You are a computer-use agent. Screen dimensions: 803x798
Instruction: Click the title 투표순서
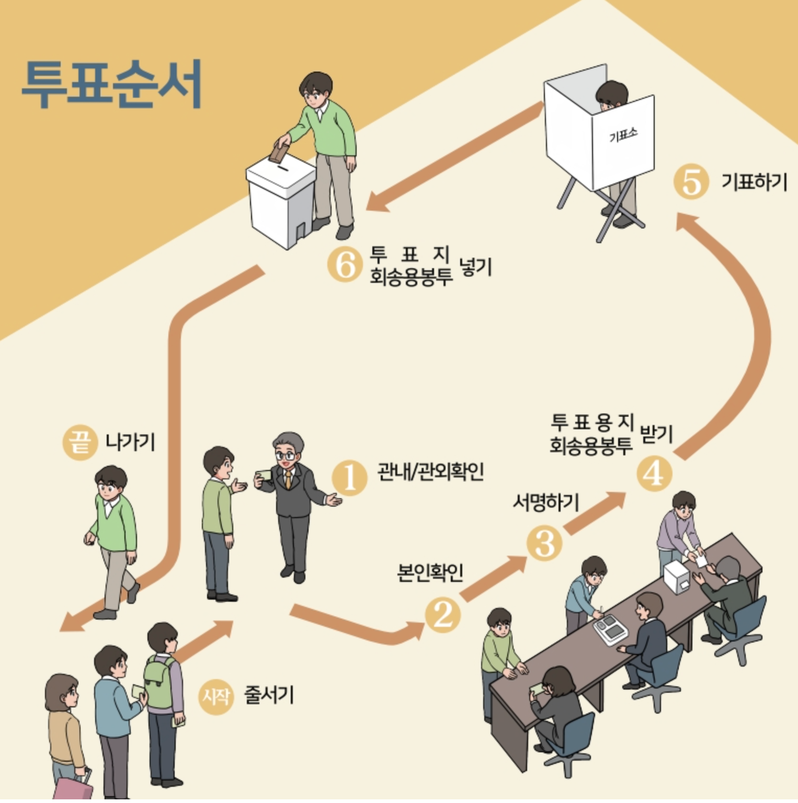click(x=112, y=84)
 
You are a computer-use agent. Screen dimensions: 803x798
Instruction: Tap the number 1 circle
click(x=349, y=477)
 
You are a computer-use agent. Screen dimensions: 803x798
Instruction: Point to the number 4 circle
click(x=654, y=474)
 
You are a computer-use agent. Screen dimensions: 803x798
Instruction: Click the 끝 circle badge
click(x=80, y=442)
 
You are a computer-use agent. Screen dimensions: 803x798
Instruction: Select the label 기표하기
click(x=754, y=182)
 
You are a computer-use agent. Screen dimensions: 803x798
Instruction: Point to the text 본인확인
click(x=430, y=573)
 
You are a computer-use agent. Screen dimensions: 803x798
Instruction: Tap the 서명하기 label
click(x=545, y=502)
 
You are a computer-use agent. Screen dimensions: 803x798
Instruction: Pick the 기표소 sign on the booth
click(x=623, y=136)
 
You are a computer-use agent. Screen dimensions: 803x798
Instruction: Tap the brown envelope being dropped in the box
click(x=278, y=152)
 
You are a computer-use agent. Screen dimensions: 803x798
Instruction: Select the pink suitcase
click(x=74, y=789)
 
